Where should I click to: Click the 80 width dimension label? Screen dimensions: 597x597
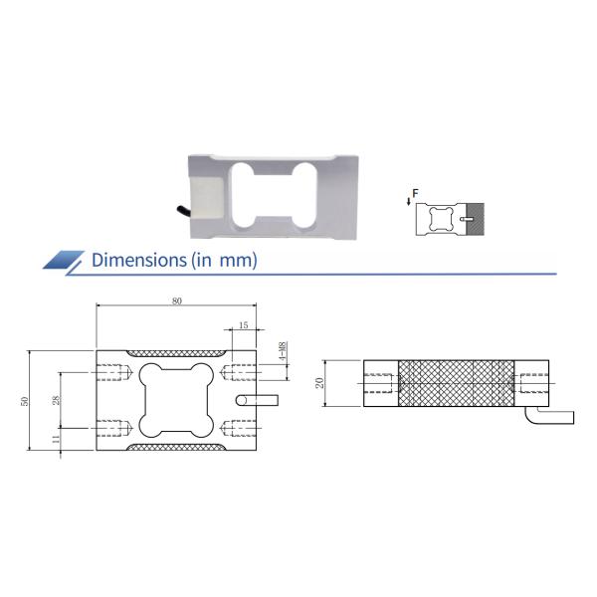[176, 299]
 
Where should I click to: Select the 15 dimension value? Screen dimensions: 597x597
[243, 325]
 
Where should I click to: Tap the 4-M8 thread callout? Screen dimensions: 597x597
[283, 352]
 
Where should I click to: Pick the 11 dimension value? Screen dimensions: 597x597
[56, 439]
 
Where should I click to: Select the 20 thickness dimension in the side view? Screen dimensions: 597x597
[320, 383]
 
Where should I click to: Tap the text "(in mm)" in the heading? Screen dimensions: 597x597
[224, 261]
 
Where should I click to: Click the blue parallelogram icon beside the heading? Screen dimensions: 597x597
[66, 261]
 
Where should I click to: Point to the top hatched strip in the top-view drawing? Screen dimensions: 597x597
[176, 352]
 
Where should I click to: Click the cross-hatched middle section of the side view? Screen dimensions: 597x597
[458, 383]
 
